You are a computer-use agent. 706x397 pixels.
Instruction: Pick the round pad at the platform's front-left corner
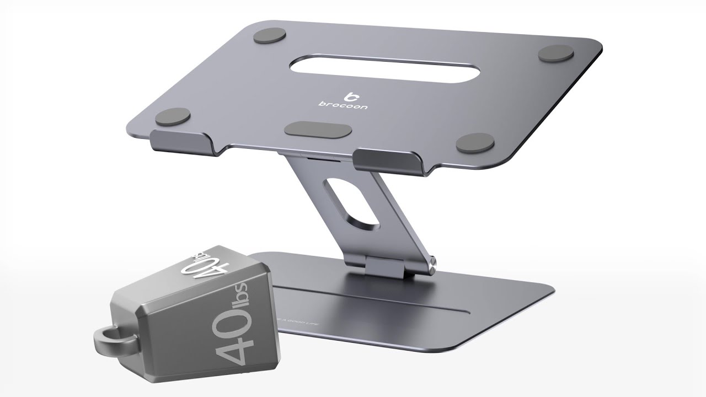click(173, 116)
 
